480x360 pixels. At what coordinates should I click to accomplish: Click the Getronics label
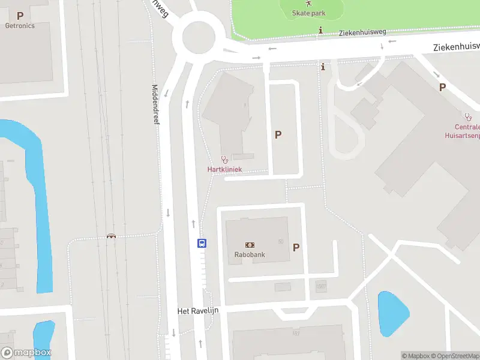[20, 26]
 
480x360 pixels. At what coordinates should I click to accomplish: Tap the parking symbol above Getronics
[20, 16]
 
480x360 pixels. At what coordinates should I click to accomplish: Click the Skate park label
[309, 13]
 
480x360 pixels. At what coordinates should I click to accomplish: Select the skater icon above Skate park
[309, 4]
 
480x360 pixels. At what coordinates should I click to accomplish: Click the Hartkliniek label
[224, 170]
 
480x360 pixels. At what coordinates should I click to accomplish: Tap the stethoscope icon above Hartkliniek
[224, 160]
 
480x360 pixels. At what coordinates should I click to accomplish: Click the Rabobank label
[250, 254]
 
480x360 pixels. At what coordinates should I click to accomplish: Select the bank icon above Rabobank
[250, 245]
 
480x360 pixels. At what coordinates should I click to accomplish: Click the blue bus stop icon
[202, 243]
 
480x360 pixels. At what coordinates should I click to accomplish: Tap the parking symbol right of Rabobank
[296, 247]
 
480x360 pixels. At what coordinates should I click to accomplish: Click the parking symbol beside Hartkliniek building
[278, 135]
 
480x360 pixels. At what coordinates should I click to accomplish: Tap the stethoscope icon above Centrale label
[467, 116]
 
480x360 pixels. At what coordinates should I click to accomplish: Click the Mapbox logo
[26, 353]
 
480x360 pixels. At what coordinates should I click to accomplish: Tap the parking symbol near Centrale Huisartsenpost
[442, 87]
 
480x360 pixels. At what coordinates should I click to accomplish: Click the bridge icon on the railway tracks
[110, 236]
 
